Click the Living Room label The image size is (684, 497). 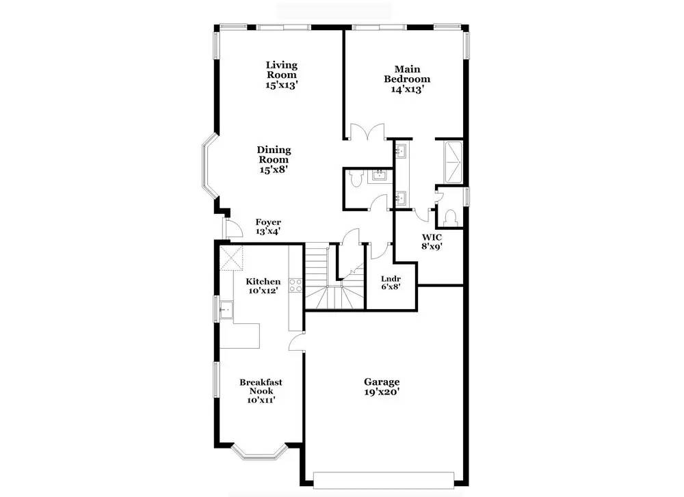click(x=282, y=70)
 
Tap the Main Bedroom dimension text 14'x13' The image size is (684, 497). click(x=408, y=90)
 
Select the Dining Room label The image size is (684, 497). click(x=274, y=155)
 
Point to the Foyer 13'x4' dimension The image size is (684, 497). click(x=268, y=232)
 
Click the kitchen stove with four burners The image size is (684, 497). click(x=295, y=285)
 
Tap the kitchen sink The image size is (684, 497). click(x=226, y=310)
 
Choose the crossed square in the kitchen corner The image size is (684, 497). click(x=231, y=258)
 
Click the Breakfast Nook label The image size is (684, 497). click(x=261, y=387)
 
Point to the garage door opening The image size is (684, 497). click(x=384, y=479)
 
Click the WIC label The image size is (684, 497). click(x=432, y=238)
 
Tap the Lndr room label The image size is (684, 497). click(x=391, y=279)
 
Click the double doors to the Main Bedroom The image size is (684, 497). click(x=368, y=132)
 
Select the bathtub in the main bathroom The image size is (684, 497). click(x=452, y=162)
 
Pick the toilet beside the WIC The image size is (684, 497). click(x=451, y=217)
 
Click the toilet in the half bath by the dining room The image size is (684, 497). click(x=356, y=178)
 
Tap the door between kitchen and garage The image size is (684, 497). click(x=297, y=341)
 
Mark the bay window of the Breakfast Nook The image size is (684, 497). click(x=259, y=452)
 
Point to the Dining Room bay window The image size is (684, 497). click(x=210, y=165)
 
